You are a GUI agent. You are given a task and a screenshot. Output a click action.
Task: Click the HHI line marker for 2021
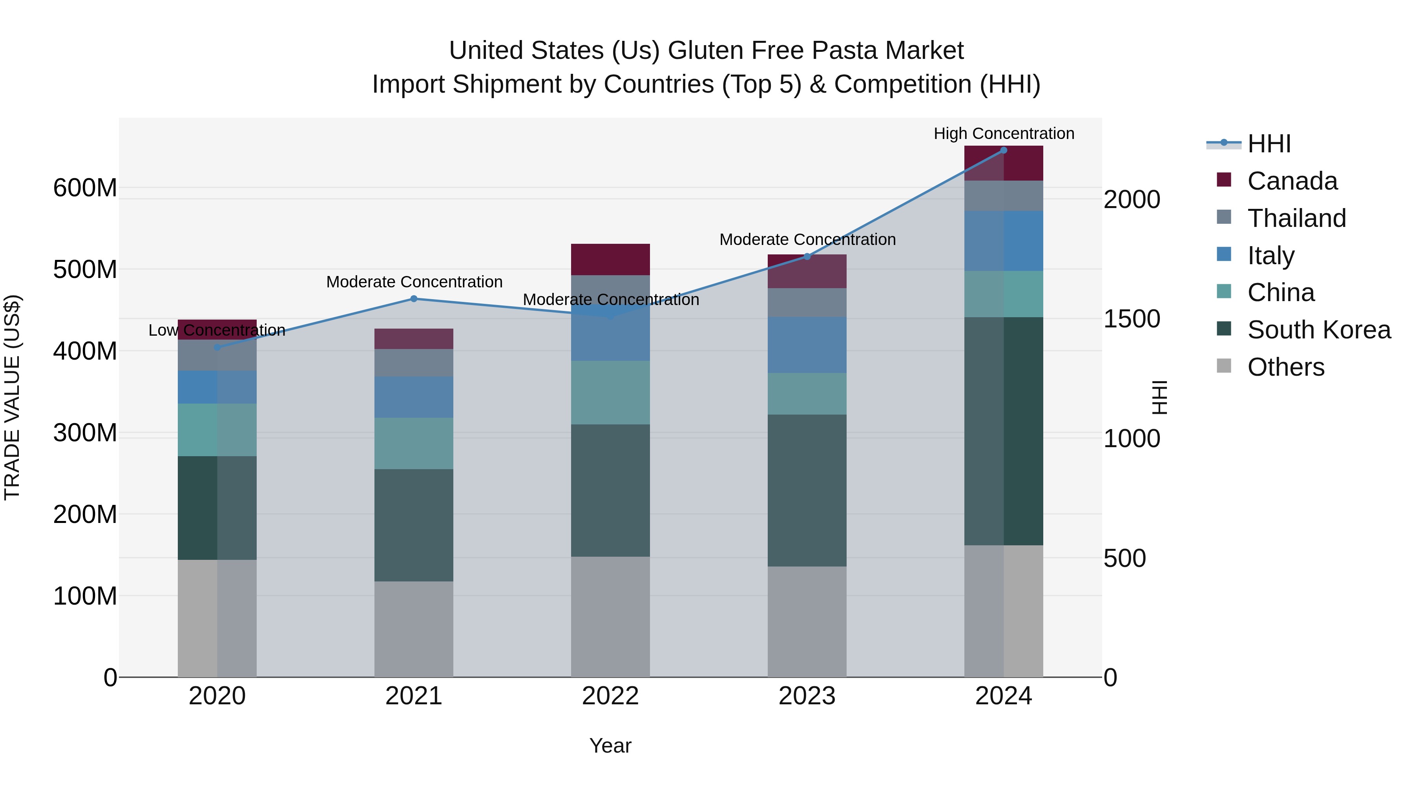pos(414,299)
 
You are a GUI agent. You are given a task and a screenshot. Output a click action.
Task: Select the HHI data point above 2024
pos(1003,150)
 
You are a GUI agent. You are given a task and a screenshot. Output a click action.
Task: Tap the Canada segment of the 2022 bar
pos(610,260)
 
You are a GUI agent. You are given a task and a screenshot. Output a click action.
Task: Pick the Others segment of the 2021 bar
pos(414,629)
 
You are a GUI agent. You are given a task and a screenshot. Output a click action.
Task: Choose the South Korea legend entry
pos(1319,330)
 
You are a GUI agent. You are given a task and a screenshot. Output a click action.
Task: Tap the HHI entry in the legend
pos(1269,144)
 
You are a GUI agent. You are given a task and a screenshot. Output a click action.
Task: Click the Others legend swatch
pos(1224,366)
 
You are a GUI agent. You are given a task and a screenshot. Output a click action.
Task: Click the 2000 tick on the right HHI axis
pos(1132,200)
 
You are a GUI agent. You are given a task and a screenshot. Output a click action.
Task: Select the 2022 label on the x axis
pos(610,696)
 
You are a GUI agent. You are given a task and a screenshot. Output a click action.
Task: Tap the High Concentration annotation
pos(1003,133)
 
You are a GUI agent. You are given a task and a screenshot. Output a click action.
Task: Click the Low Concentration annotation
pos(217,330)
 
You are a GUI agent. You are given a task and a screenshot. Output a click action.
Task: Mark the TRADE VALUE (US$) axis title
pos(12,397)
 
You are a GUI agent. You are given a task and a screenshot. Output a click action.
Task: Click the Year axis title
pos(610,746)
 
